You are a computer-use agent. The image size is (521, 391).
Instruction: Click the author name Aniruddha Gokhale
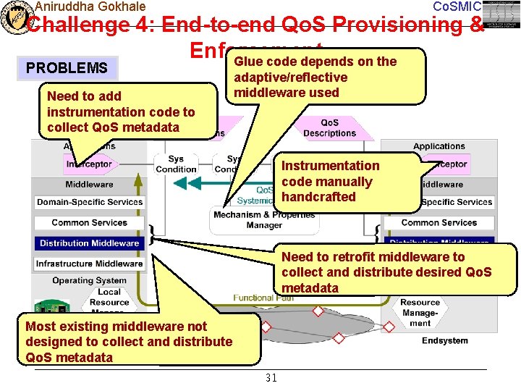(x=90, y=7)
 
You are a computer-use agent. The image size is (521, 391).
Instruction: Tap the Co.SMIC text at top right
(x=456, y=7)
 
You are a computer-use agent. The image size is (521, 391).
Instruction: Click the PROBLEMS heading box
(x=67, y=69)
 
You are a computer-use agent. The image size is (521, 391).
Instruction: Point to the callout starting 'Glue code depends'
(x=315, y=77)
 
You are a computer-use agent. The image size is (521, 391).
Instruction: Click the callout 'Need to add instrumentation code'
(x=121, y=112)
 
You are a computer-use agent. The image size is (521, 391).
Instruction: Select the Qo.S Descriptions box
(x=329, y=128)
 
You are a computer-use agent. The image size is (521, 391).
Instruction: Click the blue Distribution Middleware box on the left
(x=89, y=243)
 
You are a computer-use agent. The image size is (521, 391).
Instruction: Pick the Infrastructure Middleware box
(x=89, y=264)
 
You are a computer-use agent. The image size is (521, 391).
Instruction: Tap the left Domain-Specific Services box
(x=89, y=202)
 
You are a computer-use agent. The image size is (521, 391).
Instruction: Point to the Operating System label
(x=89, y=280)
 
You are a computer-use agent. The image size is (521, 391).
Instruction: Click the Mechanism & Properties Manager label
(x=264, y=220)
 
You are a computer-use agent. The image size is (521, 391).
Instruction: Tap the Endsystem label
(x=444, y=340)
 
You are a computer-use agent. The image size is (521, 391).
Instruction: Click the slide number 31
(x=271, y=378)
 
